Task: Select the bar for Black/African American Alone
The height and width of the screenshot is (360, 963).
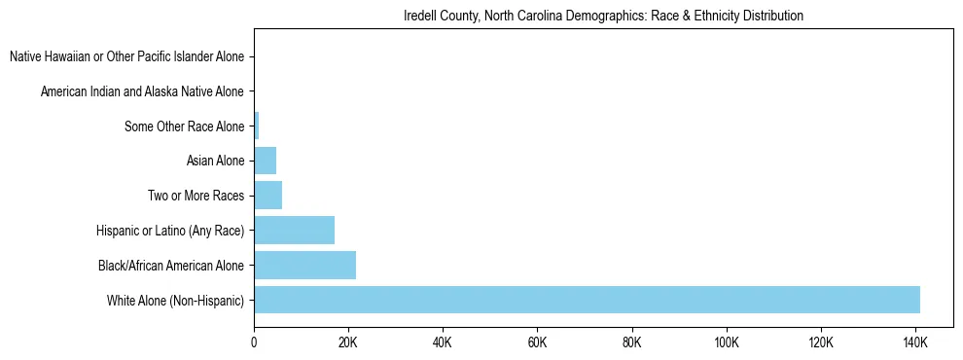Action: (304, 265)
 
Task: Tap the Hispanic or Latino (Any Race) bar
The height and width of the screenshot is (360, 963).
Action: (294, 231)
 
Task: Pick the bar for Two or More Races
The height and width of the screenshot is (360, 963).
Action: (267, 196)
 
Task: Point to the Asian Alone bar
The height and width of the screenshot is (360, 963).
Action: (265, 161)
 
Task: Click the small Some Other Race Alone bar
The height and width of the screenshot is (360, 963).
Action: (257, 126)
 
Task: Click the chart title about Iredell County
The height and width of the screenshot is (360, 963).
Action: (603, 17)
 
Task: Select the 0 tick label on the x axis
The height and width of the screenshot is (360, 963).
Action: (254, 343)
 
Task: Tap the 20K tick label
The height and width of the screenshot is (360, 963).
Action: (348, 343)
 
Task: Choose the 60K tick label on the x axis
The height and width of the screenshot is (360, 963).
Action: (537, 343)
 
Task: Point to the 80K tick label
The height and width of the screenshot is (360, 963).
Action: (632, 343)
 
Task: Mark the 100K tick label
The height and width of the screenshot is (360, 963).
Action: (727, 343)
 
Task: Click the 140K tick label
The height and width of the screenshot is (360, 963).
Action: (915, 343)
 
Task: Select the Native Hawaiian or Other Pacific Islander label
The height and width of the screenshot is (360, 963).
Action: (126, 57)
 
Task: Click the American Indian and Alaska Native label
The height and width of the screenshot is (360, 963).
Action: (142, 92)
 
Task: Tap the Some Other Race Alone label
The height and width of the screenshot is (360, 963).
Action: (185, 126)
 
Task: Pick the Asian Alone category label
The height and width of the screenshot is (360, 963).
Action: (215, 161)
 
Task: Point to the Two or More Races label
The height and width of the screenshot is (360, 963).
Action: (196, 196)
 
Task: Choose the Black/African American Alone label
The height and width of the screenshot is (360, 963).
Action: (171, 265)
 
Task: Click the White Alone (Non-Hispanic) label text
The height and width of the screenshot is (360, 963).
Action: (176, 300)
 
